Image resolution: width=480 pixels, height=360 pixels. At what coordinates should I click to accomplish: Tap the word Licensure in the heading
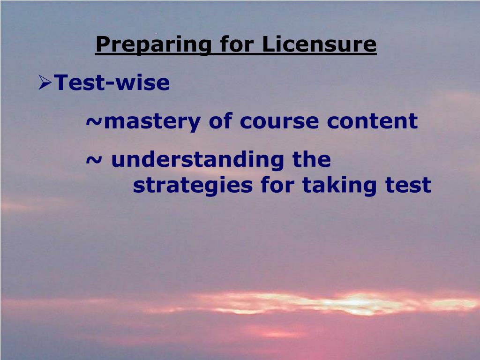pos(319,45)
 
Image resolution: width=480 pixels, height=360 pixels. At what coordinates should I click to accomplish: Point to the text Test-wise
pos(112,83)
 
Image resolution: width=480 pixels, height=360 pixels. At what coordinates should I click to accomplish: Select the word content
pos(372,121)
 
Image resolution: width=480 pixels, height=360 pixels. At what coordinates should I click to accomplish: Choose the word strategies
pos(193,186)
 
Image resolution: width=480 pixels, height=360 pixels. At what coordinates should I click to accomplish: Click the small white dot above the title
pos(156,33)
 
